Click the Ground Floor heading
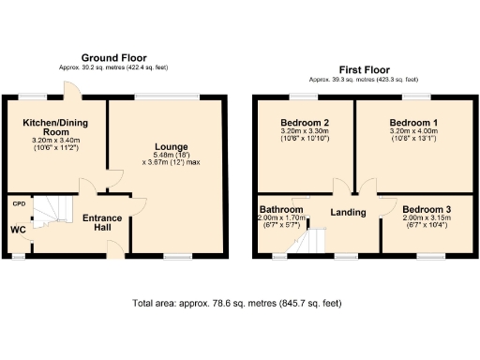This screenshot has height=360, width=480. (113, 58)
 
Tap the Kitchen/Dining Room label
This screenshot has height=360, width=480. (52, 127)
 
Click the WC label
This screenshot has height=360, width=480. (18, 229)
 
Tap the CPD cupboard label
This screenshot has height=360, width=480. (18, 202)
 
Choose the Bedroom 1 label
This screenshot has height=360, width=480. (413, 123)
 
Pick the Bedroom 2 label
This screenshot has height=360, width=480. (305, 123)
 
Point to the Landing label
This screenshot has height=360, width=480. (348, 213)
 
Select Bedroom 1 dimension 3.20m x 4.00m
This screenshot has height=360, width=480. (413, 132)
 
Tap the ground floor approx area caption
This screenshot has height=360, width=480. (113, 67)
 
